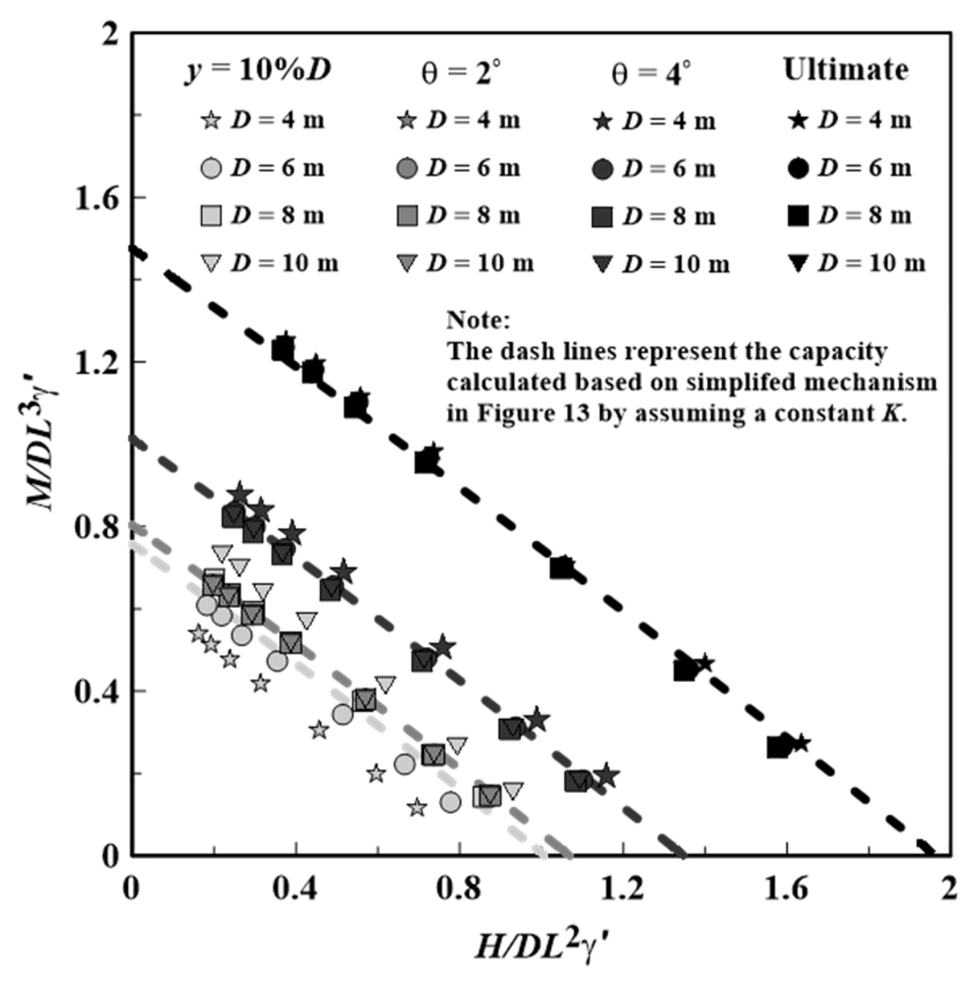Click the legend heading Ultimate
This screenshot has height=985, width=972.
click(845, 69)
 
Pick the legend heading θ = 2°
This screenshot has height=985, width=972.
click(460, 73)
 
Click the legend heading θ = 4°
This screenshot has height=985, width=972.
click(651, 73)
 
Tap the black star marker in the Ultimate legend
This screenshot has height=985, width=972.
click(799, 121)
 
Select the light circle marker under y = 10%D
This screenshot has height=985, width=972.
click(212, 169)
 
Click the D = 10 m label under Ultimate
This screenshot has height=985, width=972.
click(872, 264)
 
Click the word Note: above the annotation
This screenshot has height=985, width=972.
click(478, 320)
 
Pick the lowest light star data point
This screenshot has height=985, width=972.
click(417, 808)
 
